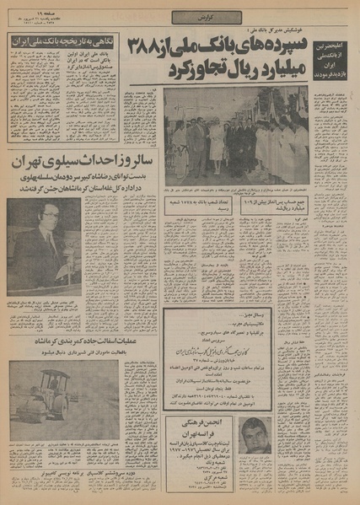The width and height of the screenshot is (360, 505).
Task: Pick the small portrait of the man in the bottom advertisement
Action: [256, 439]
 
